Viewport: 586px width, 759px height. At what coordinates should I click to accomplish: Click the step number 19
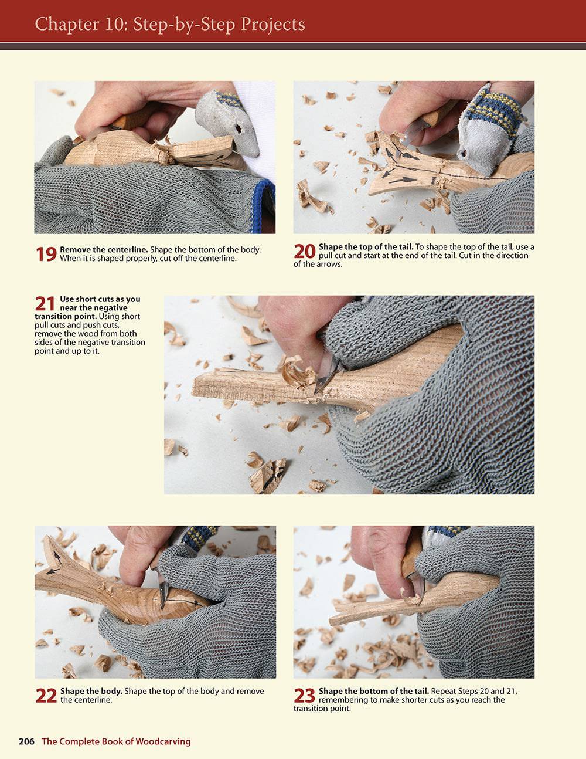46,254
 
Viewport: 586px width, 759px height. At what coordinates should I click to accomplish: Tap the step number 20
305,251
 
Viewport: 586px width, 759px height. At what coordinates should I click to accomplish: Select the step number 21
46,303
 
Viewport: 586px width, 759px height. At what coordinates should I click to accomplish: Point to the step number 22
46,695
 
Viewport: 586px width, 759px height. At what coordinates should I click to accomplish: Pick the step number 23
305,695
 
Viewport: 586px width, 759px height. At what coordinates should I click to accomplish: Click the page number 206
26,741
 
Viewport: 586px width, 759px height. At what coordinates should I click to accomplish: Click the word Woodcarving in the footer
163,741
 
